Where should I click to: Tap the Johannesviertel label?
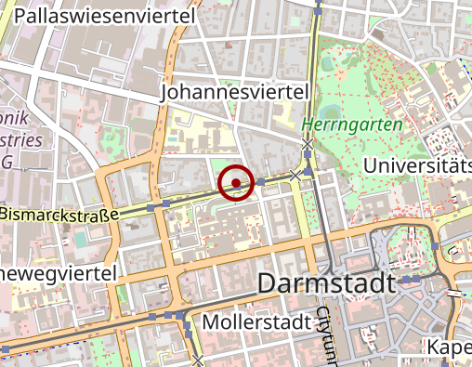[x=234, y=93]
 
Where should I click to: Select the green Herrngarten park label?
[x=352, y=125]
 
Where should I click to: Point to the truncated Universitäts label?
[x=418, y=165]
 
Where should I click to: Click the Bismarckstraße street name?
[x=61, y=215]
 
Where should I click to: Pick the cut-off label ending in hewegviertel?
[x=58, y=273]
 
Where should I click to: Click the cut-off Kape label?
[x=449, y=347]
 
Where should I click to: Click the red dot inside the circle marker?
[x=237, y=183]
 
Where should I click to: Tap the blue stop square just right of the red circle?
[x=261, y=182]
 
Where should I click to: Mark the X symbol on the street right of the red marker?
[x=296, y=174]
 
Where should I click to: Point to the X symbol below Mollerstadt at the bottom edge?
[x=199, y=360]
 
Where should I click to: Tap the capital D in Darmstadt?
[x=266, y=283]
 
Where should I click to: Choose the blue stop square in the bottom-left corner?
[x=7, y=347]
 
